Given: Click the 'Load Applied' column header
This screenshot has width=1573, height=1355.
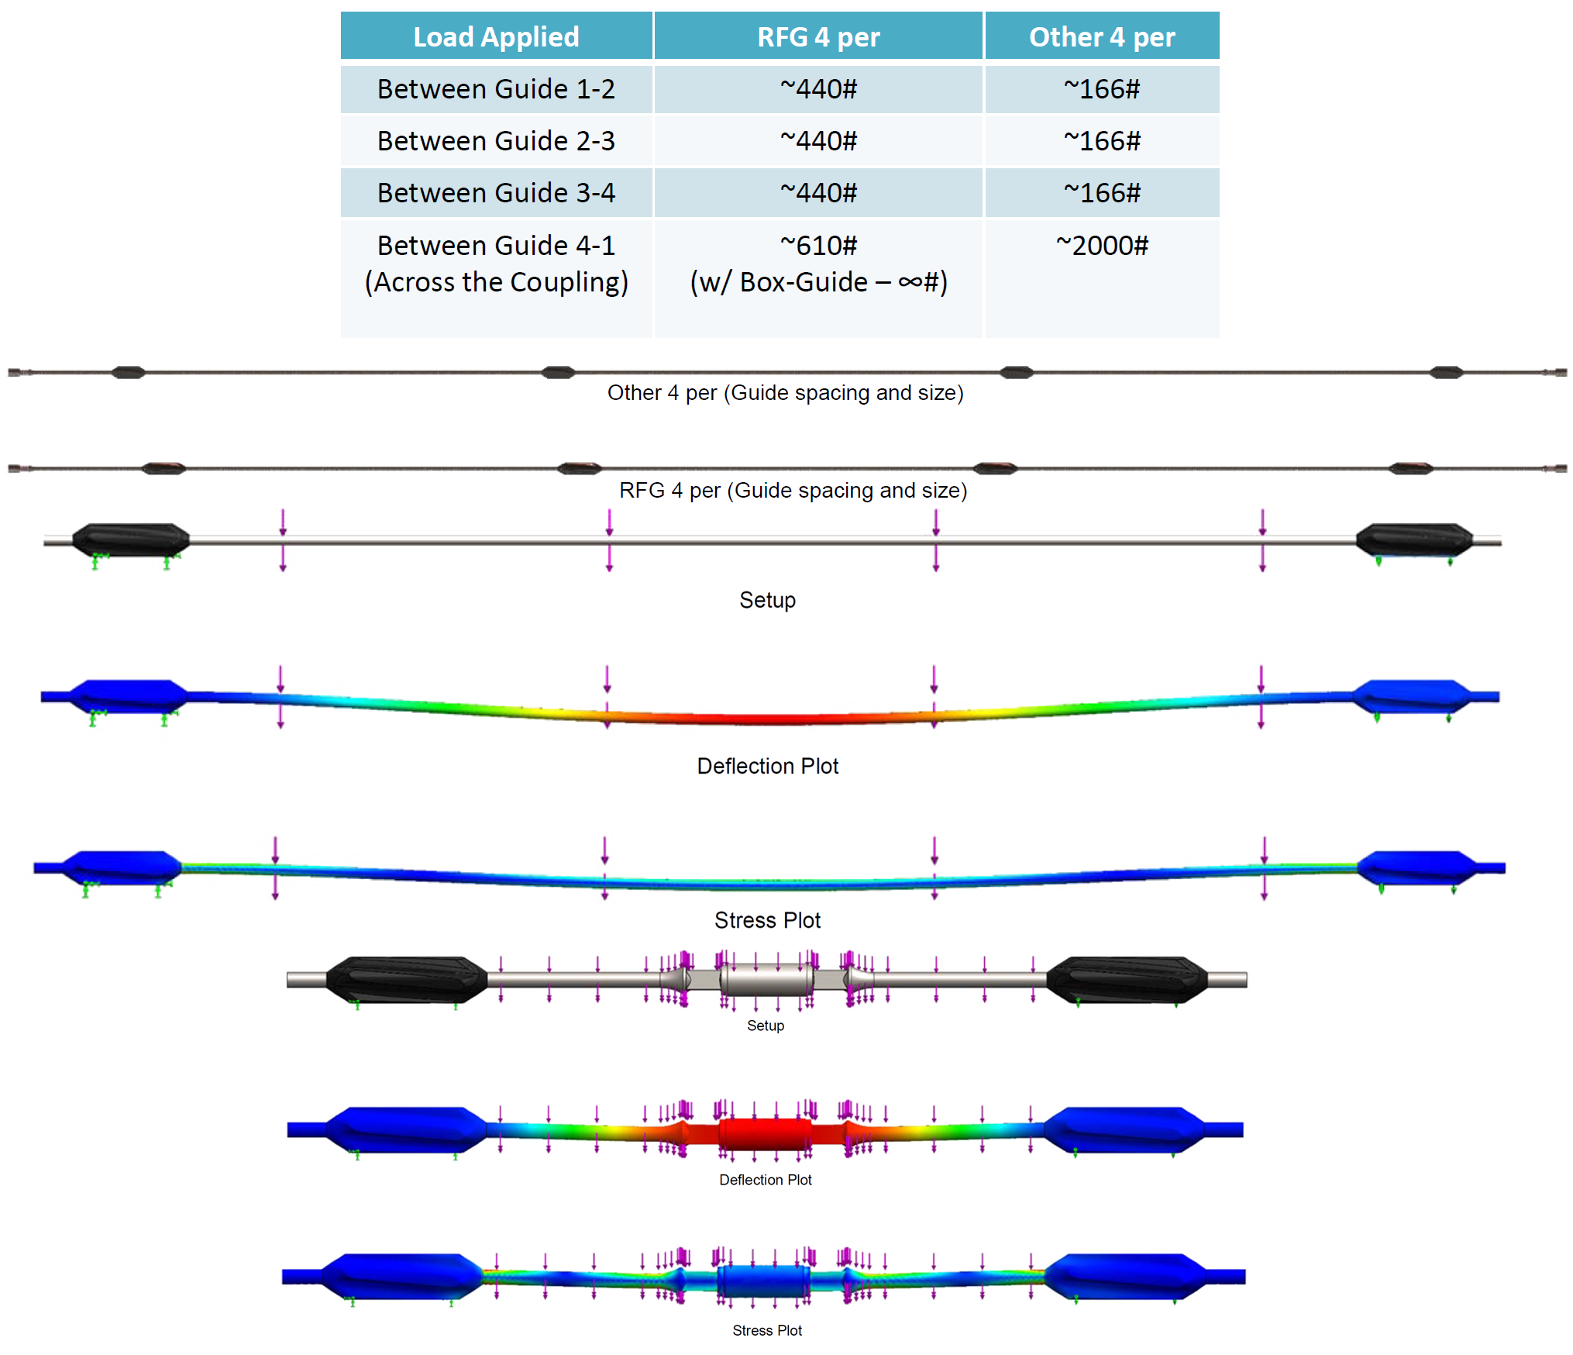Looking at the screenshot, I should point(496,36).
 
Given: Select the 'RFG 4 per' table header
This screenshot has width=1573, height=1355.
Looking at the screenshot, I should point(818,36).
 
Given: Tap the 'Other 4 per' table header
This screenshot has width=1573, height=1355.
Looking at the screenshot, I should point(1101,36).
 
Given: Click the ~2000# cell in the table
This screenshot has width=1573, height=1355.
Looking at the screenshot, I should point(1101,246).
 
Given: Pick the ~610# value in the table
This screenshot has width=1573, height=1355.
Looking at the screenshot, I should point(818,246).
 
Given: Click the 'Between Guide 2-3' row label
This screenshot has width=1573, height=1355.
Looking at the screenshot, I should point(496,141).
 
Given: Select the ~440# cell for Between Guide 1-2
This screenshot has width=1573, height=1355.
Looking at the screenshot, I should point(818,89).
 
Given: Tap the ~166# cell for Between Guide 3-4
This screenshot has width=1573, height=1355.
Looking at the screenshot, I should point(1101,193).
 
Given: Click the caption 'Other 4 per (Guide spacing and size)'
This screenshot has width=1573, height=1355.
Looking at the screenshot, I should point(785,393).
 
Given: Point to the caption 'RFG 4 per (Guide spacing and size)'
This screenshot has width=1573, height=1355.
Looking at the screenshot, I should point(793,491).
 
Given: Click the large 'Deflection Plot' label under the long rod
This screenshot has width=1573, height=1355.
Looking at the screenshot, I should point(767,766).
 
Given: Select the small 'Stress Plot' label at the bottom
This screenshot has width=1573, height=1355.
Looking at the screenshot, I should point(767,1330).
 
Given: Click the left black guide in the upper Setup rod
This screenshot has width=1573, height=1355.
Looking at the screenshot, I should point(130,540).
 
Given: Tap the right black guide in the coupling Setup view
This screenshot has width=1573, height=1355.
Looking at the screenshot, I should point(1126,980).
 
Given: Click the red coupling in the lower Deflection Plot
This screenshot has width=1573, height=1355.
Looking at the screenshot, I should point(766,1133).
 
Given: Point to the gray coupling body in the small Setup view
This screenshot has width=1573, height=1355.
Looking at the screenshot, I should point(766,980).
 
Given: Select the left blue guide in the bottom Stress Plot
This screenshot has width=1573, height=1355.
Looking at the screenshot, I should point(401,1275).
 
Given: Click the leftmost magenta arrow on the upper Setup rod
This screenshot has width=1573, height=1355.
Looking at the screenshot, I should point(283,540).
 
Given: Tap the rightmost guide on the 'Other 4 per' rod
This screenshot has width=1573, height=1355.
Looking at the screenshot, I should point(1446,373).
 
